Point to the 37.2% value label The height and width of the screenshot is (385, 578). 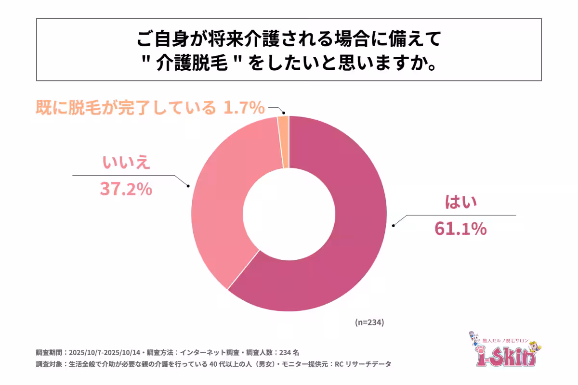coord(126,189)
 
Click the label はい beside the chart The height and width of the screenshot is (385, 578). coord(460,203)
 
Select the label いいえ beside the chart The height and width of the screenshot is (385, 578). coord(126,163)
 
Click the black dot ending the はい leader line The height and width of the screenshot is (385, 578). coord(394,225)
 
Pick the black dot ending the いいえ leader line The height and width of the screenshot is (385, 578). coord(188,186)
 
